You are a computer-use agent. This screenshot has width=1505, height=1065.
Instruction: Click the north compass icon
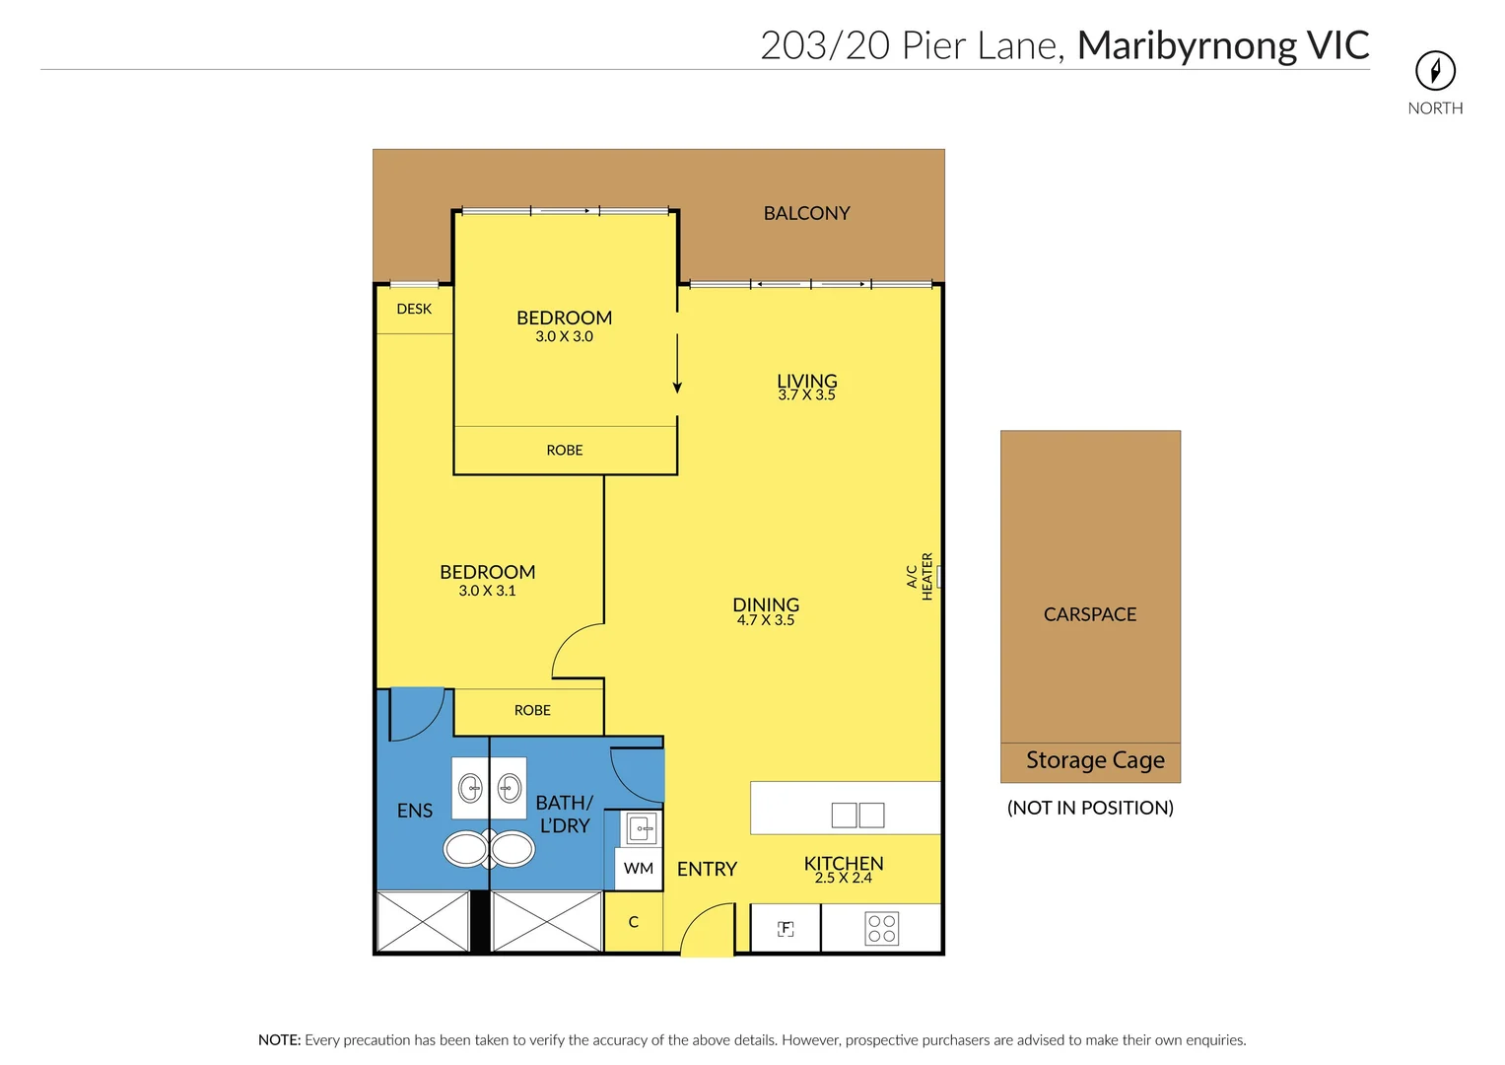click(x=1435, y=70)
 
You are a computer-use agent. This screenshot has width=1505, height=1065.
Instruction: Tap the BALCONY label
click(x=806, y=213)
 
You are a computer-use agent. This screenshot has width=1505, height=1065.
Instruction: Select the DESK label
click(x=414, y=309)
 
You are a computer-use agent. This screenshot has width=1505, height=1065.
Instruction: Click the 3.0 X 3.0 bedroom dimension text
click(x=564, y=336)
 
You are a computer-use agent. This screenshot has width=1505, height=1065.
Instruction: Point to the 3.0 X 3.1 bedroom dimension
click(x=487, y=591)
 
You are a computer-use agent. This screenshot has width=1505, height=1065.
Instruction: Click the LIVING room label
click(x=806, y=381)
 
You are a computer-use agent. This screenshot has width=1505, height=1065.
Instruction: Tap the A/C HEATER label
click(x=920, y=577)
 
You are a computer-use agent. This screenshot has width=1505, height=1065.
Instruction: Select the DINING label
click(x=766, y=604)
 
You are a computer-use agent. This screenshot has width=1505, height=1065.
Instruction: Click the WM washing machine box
click(x=639, y=869)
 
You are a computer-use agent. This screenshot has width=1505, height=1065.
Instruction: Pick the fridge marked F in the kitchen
click(x=786, y=928)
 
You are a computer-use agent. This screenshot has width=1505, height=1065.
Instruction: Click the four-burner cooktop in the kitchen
click(x=881, y=928)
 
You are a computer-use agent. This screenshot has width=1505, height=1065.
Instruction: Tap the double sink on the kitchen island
click(x=857, y=815)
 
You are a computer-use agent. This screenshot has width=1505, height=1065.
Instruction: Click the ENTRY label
click(x=707, y=869)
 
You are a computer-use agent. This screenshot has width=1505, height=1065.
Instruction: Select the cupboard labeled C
click(x=633, y=922)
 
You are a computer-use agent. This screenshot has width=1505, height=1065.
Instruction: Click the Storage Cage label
click(x=1095, y=760)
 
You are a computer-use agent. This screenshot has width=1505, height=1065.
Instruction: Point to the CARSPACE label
click(x=1090, y=614)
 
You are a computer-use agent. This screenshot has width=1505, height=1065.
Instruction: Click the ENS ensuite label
click(x=414, y=811)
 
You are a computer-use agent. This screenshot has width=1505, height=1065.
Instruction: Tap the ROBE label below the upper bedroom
click(x=564, y=451)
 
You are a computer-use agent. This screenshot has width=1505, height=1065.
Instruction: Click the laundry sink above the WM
click(x=642, y=828)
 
